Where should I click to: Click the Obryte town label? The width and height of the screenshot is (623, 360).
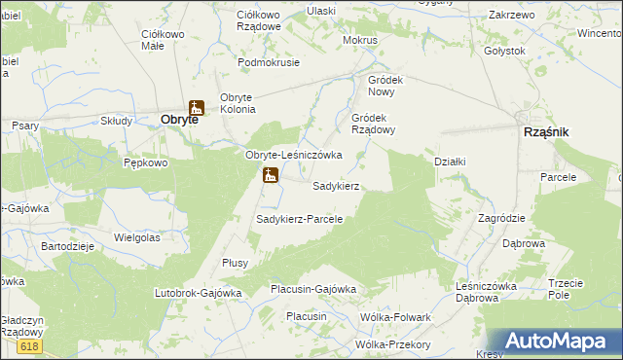coord(179,121)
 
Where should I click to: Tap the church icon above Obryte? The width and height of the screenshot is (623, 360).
coord(196,107)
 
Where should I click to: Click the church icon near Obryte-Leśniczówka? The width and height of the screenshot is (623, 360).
coord(270,176)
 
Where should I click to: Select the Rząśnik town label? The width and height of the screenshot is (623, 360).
coord(546,131)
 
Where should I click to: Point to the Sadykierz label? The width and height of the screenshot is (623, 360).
coord(337,185)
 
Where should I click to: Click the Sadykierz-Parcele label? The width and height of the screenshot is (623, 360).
coord(300,219)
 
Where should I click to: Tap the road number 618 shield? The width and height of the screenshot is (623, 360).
coord(29,346)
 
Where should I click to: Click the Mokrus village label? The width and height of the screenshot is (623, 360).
coord(360,41)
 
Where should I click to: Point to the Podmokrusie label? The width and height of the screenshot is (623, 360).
coord(270,61)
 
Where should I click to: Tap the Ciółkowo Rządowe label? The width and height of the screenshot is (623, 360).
coord(259,21)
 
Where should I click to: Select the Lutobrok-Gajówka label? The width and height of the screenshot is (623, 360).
coord(198,292)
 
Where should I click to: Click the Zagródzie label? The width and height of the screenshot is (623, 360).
coord(501,218)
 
